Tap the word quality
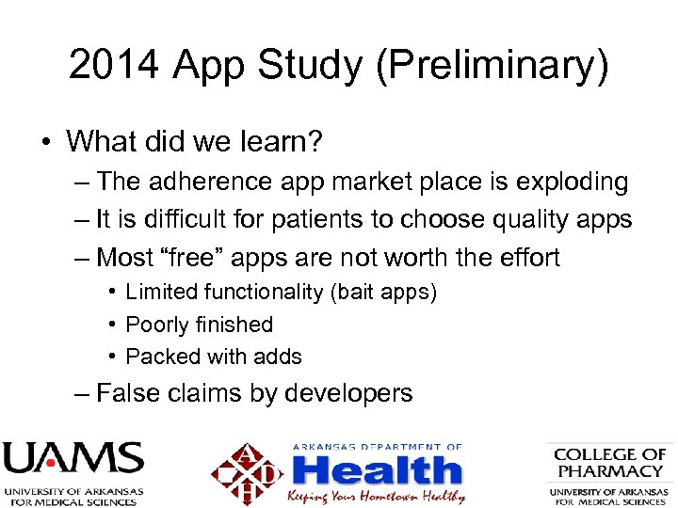coord(520,219)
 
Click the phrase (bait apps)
coord(383,293)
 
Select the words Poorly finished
coord(199,325)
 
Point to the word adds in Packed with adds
coord(279,357)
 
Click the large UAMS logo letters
coord(73,459)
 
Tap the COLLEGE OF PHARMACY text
coord(609,463)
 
